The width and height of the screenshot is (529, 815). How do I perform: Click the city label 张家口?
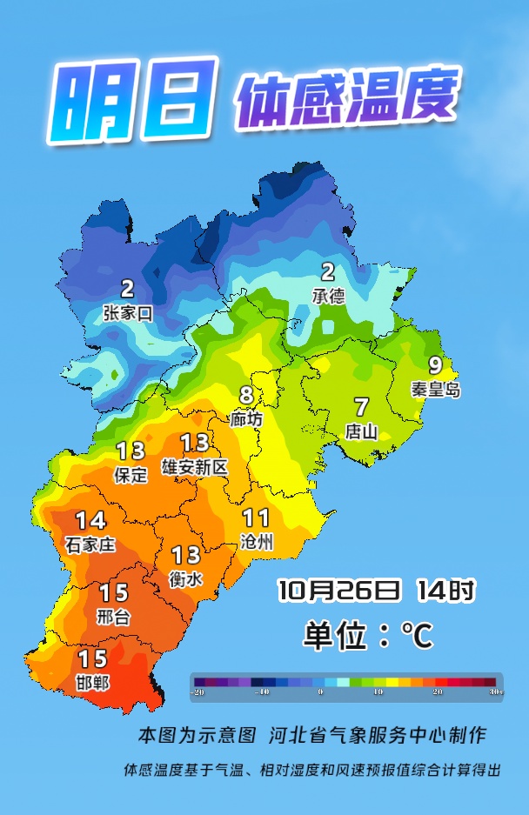tap(128, 314)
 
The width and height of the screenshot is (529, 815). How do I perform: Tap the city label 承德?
tap(328, 297)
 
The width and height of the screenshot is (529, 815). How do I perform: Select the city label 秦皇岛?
tap(435, 390)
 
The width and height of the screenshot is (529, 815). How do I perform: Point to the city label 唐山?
tap(361, 431)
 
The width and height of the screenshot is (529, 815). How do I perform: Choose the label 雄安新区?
tap(195, 467)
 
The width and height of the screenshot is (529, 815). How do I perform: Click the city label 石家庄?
tap(90, 545)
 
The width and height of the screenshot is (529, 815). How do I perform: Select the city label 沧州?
tap(256, 542)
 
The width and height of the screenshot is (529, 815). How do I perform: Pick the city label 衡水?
tap(185, 578)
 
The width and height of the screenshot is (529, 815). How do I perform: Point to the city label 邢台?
tap(113, 617)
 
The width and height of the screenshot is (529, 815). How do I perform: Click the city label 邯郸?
tap(92, 683)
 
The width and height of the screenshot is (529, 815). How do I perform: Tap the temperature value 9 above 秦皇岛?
tap(435, 367)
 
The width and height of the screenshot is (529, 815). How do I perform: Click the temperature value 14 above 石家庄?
tap(90, 521)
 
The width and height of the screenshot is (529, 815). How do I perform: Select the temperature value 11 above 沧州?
tap(256, 518)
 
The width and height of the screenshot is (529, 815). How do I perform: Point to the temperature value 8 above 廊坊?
tap(246, 396)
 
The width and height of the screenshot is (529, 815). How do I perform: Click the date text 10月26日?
tap(339, 591)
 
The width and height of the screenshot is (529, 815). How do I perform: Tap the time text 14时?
tap(445, 591)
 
